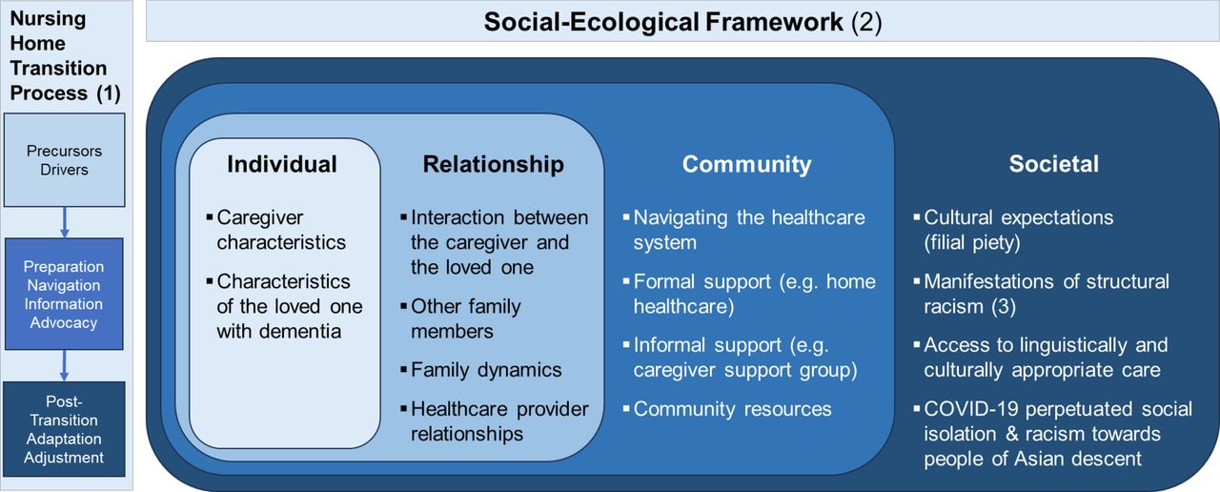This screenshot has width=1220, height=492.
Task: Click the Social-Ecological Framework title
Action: [x=682, y=22]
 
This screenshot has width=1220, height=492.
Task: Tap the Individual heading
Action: [x=282, y=164]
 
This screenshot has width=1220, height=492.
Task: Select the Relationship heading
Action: [x=494, y=164]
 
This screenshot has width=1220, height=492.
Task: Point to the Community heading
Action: [x=746, y=164]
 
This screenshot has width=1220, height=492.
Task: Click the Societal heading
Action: [x=1054, y=164]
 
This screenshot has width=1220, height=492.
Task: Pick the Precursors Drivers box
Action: [x=64, y=160]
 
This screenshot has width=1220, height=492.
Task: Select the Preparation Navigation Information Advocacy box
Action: [x=64, y=294]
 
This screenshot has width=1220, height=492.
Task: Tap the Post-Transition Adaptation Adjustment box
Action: [x=64, y=429]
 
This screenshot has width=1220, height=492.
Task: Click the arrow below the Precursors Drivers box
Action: [x=64, y=222]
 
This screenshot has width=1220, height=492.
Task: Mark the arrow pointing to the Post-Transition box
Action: [x=64, y=365]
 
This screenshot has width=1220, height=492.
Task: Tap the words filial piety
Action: [x=971, y=242]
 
